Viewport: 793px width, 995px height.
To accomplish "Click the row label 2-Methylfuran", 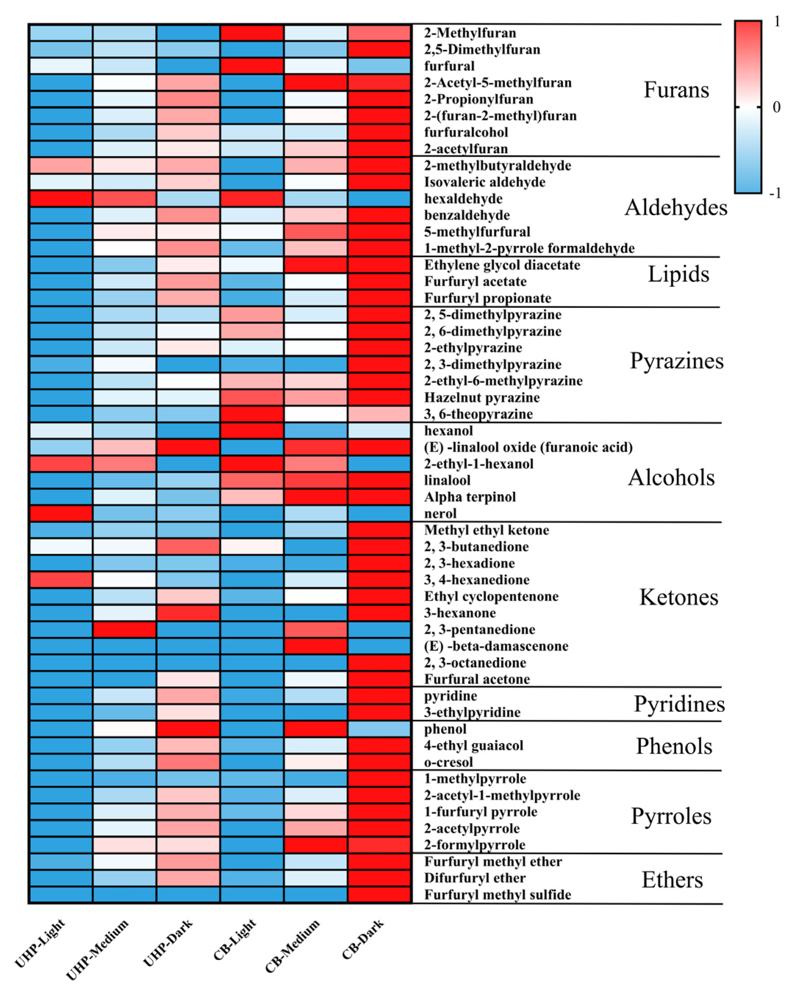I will (469, 33).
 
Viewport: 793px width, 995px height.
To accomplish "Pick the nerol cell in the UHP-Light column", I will (61, 513).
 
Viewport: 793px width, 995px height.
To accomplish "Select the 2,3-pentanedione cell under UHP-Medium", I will (124, 630).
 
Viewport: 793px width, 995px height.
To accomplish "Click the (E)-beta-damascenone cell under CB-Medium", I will (316, 646).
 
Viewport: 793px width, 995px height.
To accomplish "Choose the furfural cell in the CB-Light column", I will (252, 66).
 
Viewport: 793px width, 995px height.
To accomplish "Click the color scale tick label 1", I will (777, 21).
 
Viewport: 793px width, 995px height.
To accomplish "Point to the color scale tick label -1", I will (775, 193).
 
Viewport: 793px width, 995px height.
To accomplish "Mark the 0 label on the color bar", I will (776, 107).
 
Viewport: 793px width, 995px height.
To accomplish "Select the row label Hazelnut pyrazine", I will (482, 397).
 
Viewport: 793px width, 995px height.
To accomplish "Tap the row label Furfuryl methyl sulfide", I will (497, 895).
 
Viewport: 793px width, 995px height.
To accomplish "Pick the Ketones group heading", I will (678, 597).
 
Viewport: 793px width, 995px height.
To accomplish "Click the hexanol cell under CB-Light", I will (252, 430).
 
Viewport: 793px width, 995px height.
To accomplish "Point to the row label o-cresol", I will (448, 762).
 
